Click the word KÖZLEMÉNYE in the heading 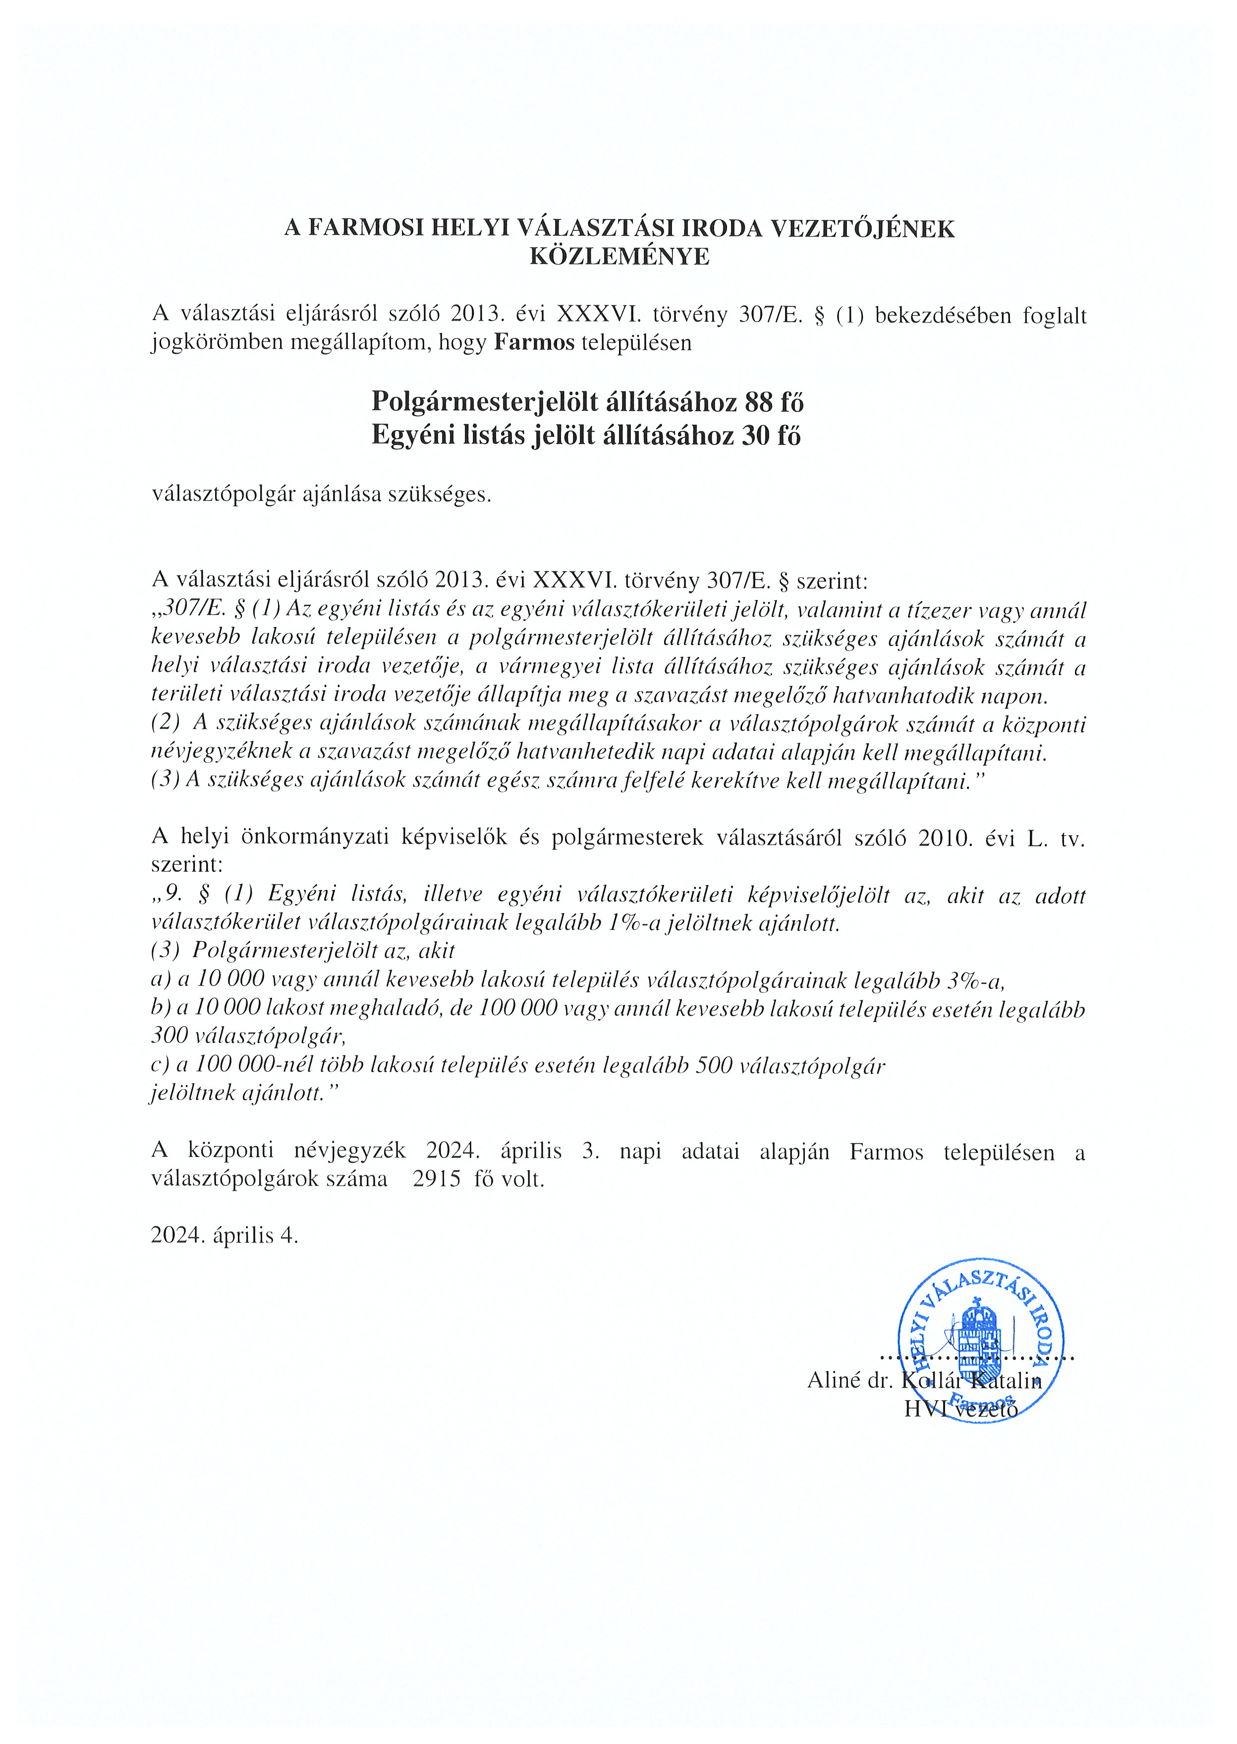click(x=618, y=257)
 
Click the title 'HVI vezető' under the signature click(x=960, y=1409)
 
